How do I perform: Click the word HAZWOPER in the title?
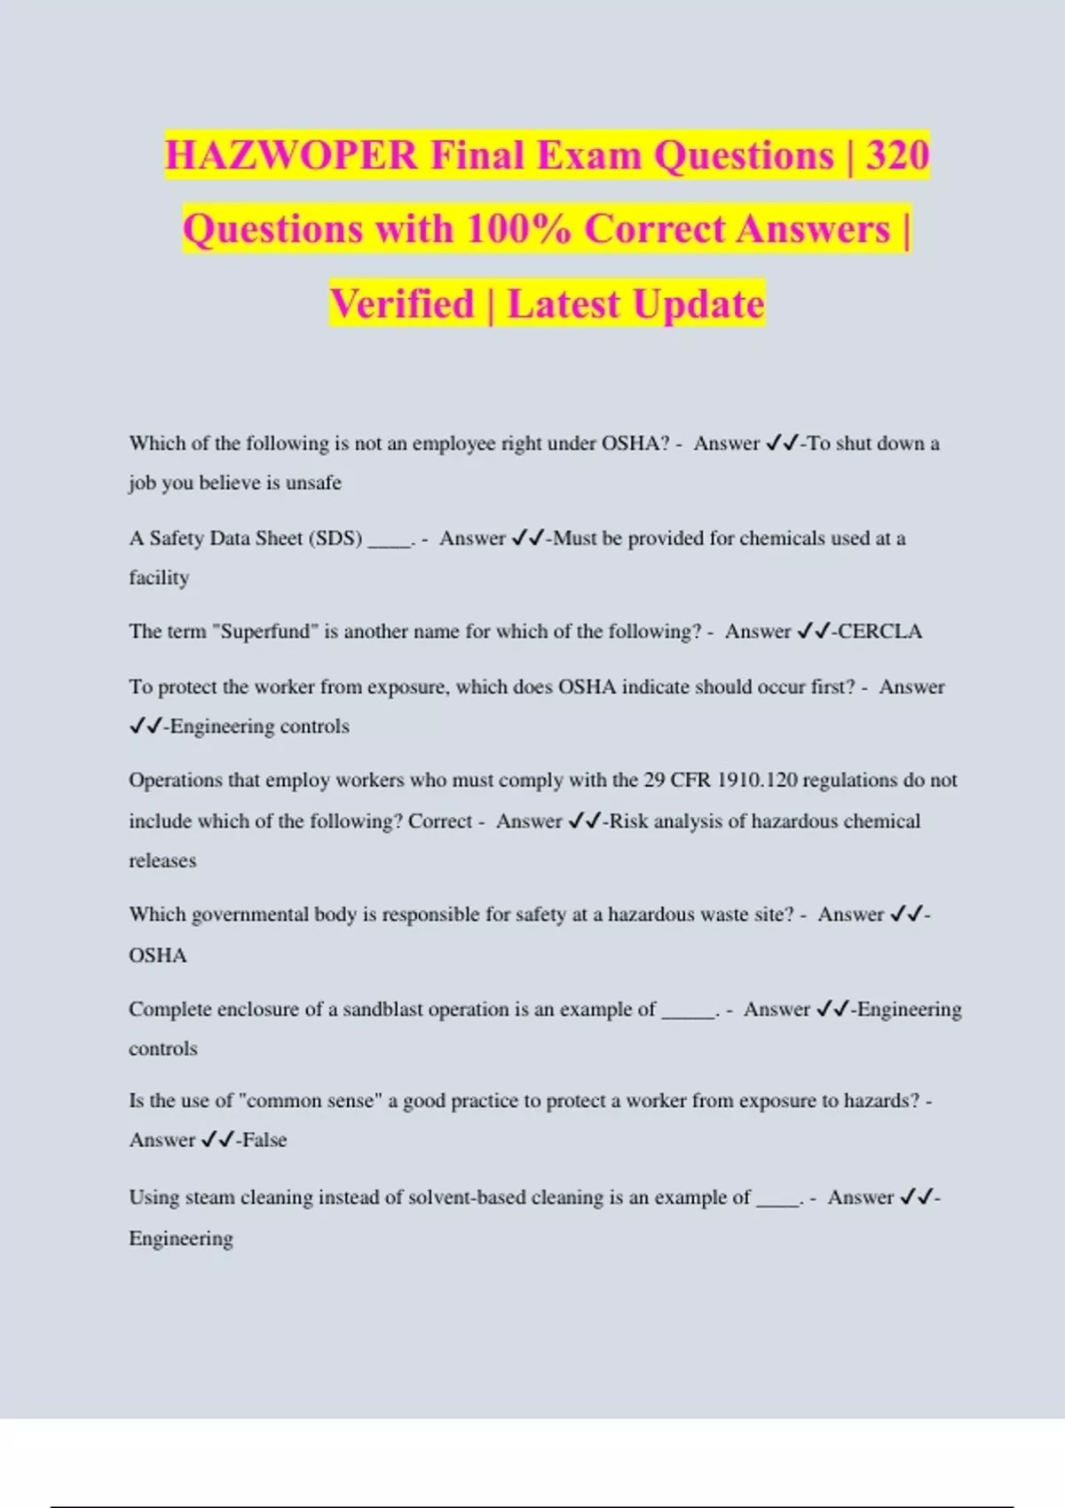(291, 155)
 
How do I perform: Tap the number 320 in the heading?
(897, 155)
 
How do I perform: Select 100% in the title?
(518, 229)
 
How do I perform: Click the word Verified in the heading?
(403, 303)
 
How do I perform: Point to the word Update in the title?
(699, 303)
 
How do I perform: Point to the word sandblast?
(383, 1009)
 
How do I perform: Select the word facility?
(159, 577)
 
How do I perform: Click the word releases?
(162, 860)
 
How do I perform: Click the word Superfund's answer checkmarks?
(813, 632)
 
